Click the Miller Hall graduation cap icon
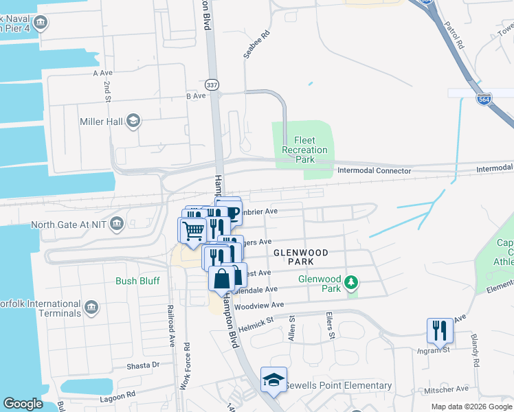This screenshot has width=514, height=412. [x=133, y=122]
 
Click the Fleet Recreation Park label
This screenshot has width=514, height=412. [x=305, y=150]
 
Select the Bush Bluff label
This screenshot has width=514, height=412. [x=137, y=281]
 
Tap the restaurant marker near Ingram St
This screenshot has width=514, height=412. [x=439, y=330]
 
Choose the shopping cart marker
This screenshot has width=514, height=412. [x=193, y=231]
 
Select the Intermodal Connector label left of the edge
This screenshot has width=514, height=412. [x=374, y=170]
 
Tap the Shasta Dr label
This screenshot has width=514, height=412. [x=142, y=366]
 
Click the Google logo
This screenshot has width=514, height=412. [x=23, y=404]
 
